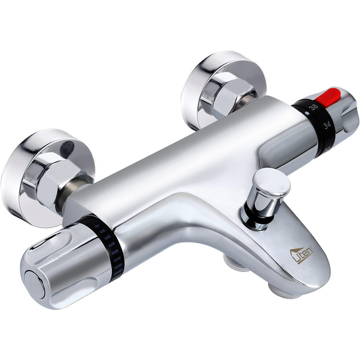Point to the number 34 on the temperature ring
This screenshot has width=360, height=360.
click(327, 125)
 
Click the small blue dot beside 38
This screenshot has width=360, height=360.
click(307, 113)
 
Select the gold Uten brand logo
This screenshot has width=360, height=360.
click(302, 255)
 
